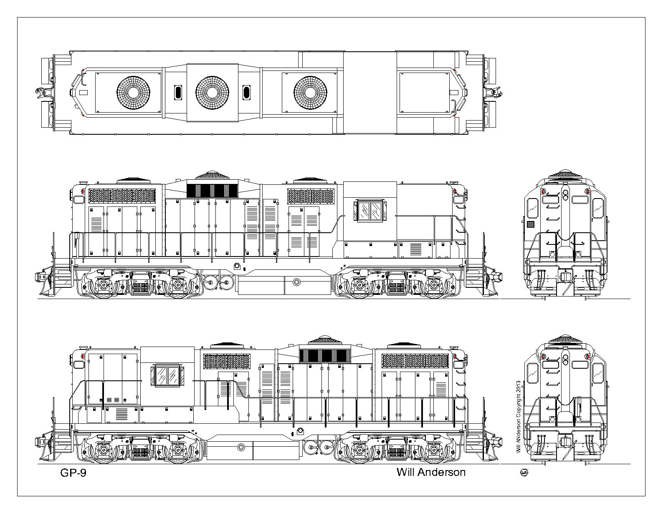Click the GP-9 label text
pyautogui.click(x=73, y=473)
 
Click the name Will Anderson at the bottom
pyautogui.click(x=431, y=472)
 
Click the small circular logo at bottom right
pyautogui.click(x=524, y=473)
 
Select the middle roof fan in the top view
pyautogui.click(x=212, y=93)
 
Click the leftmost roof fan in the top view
pyautogui.click(x=133, y=93)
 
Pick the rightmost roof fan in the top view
pyautogui.click(x=310, y=93)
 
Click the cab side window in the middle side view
pyautogui.click(x=370, y=211)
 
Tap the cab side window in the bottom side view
pyautogui.click(x=167, y=376)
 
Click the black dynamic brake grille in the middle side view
pyautogui.click(x=212, y=191)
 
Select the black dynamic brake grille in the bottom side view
pyautogui.click(x=325, y=356)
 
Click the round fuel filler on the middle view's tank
pyautogui.click(x=296, y=282)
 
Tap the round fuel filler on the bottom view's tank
pyautogui.click(x=241, y=447)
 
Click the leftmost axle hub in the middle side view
pyautogui.click(x=103, y=284)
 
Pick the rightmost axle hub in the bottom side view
pyautogui.click(x=433, y=450)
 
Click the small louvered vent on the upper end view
pyautogui.click(x=530, y=224)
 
